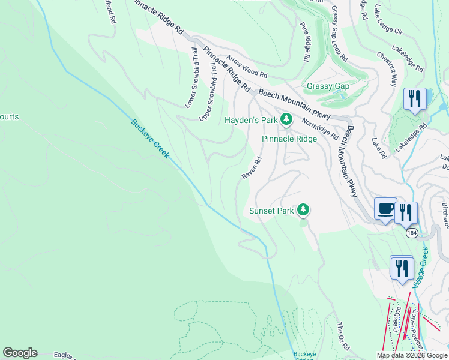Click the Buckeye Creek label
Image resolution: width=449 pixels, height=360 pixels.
coord(151,139)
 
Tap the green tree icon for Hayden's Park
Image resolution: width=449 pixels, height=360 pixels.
coord(286,120)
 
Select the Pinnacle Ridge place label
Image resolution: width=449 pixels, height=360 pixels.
coord(289,139)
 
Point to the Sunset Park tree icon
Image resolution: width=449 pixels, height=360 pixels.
coord(304,209)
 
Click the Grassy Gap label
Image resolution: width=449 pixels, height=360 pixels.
coord(328,86)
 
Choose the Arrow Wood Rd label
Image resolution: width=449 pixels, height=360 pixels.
coord(247,67)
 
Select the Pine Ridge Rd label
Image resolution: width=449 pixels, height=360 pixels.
coord(305,43)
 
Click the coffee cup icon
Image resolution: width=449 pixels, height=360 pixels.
coord(385,209)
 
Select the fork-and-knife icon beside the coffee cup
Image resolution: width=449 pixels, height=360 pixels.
coord(406,212)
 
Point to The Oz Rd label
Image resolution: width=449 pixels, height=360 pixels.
coord(342,338)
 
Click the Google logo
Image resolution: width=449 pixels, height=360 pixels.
coord(20,353)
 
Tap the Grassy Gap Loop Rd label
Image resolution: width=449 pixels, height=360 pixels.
coord(339,34)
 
